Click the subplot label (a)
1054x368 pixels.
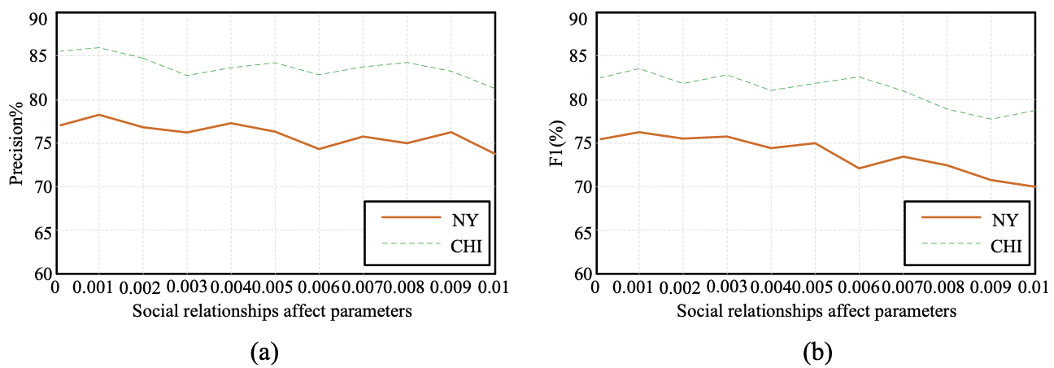(266, 352)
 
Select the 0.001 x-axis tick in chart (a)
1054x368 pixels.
(98, 288)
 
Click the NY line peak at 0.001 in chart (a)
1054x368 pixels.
(99, 115)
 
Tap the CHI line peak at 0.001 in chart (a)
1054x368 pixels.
(99, 47)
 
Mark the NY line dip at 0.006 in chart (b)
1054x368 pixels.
(859, 169)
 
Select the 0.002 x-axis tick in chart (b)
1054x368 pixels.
(683, 288)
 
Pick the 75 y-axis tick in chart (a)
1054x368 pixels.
(39, 144)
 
